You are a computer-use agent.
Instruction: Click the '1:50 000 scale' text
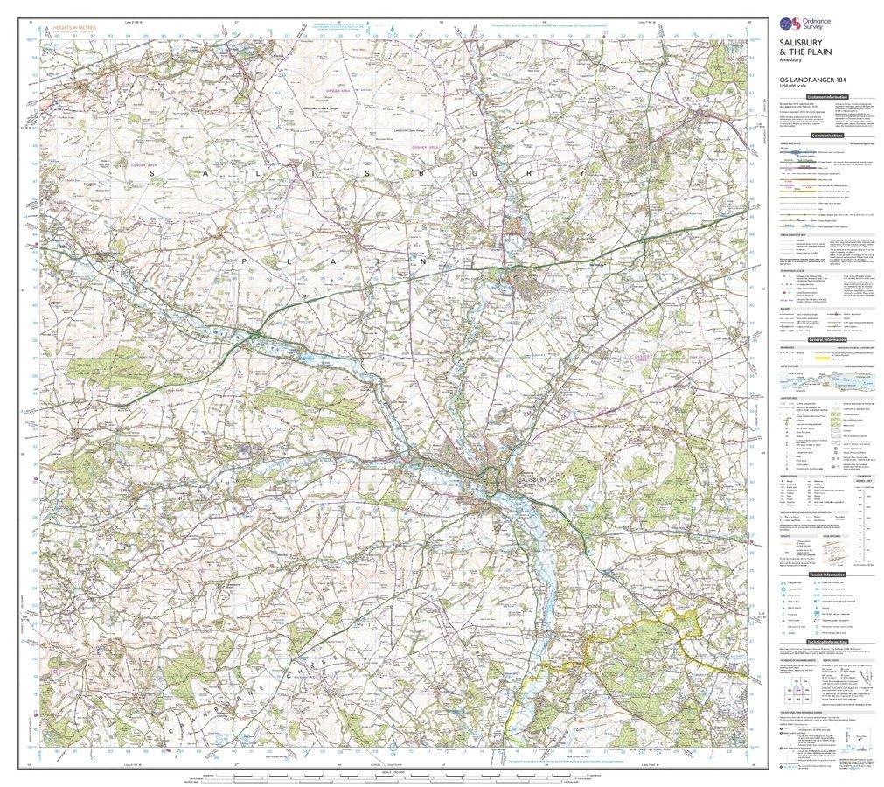(x=797, y=88)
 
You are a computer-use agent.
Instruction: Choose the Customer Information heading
(x=827, y=96)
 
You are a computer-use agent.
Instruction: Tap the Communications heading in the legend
(x=826, y=136)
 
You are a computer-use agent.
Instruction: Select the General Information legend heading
(x=826, y=338)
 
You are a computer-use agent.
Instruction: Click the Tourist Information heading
(x=826, y=574)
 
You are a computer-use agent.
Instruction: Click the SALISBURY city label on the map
(x=531, y=480)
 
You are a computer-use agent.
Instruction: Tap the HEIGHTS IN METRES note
(x=73, y=29)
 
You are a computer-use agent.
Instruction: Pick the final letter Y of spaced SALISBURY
(x=579, y=173)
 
